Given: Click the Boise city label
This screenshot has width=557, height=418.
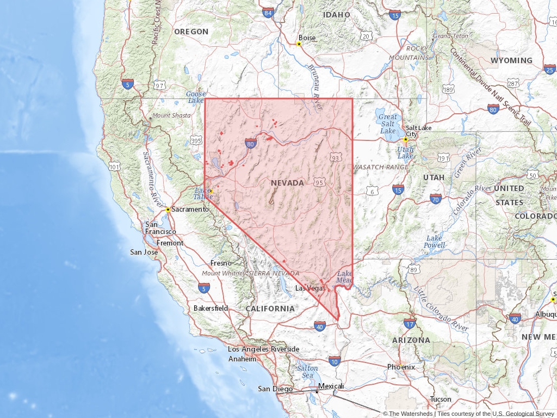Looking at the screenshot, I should (x=307, y=38).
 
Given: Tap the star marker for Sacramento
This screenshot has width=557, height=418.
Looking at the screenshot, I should (x=168, y=210).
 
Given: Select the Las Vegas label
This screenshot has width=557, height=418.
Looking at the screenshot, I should (x=310, y=288).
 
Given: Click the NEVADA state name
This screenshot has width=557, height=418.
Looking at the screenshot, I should (x=287, y=183).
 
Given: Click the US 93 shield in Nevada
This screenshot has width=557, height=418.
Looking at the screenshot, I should (x=335, y=158).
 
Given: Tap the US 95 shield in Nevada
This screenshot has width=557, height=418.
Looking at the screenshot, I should (x=319, y=182).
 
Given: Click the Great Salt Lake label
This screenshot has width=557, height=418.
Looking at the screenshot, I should (x=388, y=124).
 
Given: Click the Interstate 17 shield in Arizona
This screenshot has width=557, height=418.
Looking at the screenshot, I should (x=410, y=323).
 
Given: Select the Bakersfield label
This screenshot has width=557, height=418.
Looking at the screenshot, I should (x=211, y=308).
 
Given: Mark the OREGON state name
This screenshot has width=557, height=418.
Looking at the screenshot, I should (x=191, y=32).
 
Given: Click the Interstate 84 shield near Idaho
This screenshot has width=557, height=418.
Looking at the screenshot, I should (x=268, y=13).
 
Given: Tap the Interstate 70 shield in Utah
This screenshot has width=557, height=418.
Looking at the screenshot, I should (x=436, y=199).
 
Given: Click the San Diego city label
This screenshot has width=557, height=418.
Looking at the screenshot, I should (x=275, y=389).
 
